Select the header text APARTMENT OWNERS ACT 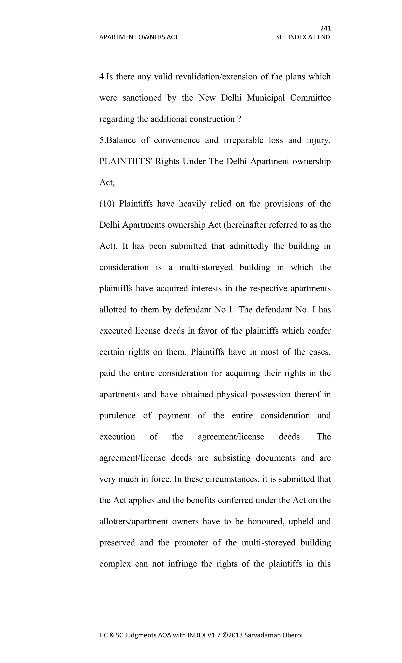pyautogui.click(x=139, y=37)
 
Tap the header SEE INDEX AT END pyautogui.click(x=303, y=37)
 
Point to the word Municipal pyautogui.click(x=266, y=98)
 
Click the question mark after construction pyautogui.click(x=239, y=119)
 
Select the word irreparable pyautogui.click(x=243, y=140)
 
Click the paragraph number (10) pyautogui.click(x=107, y=204)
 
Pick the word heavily pyautogui.click(x=192, y=204)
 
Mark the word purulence pyautogui.click(x=117, y=416)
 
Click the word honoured pyautogui.click(x=266, y=521)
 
